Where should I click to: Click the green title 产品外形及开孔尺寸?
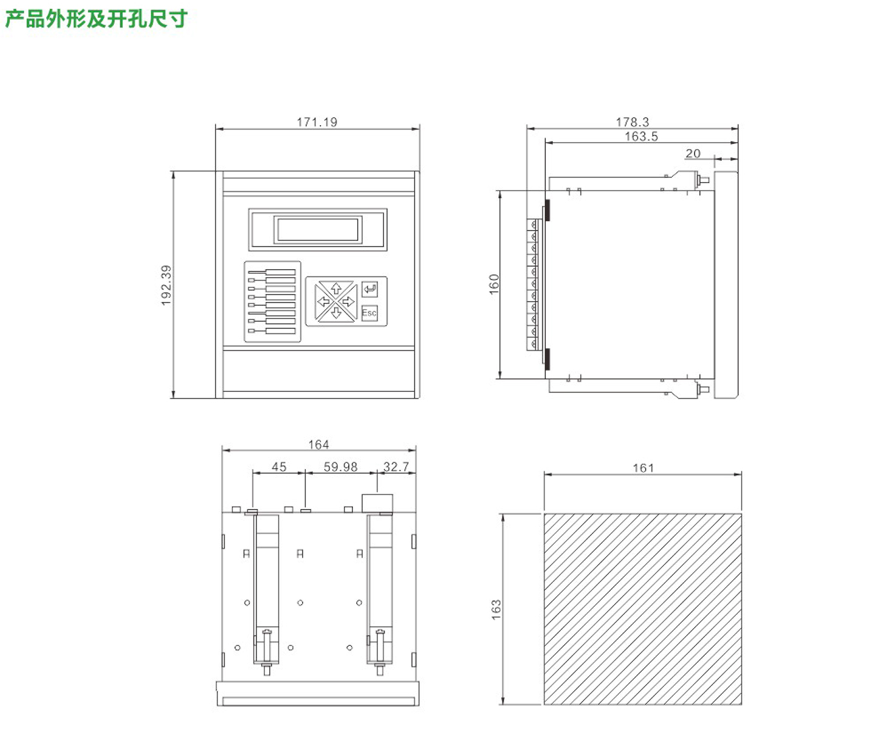pos(96,19)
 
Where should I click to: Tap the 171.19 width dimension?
pos(317,122)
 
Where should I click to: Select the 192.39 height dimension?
pos(166,285)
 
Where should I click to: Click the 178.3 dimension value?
pos(633,122)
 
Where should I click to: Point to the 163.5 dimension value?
pos(641,136)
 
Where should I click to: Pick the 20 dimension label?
pos(693,153)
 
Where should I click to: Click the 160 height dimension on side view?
pos(495,284)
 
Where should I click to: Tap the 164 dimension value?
pos(318,445)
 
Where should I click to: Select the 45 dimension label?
pos(279,467)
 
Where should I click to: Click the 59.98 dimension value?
pos(341,467)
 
